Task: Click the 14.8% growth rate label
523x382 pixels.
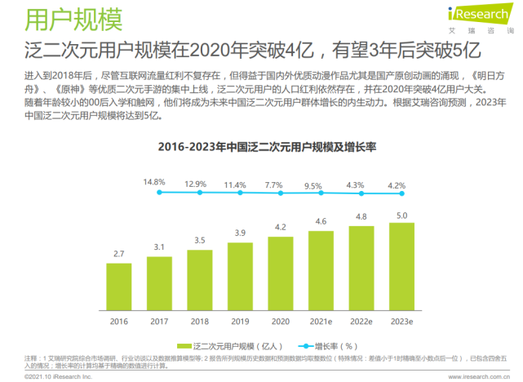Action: (x=154, y=181)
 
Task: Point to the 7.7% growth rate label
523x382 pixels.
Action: (x=274, y=184)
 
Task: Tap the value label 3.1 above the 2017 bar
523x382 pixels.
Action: (x=159, y=247)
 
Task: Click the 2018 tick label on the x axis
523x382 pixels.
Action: (x=199, y=321)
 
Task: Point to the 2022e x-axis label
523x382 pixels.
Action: (x=361, y=321)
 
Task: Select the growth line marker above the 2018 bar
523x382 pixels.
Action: (x=199, y=193)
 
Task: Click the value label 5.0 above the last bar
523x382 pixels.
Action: (x=401, y=215)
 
